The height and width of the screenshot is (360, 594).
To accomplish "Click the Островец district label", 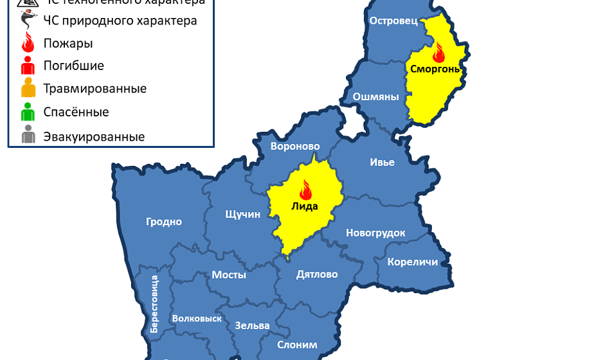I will click(x=393, y=21).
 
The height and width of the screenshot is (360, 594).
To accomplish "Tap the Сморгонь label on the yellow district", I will click(x=436, y=69).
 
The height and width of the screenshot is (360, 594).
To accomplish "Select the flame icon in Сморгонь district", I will click(x=439, y=51).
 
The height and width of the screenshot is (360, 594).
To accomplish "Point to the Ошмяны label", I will click(x=375, y=97).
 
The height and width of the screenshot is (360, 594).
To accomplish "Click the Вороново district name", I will click(x=295, y=146).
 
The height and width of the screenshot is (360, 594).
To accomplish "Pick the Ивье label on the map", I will click(x=382, y=162).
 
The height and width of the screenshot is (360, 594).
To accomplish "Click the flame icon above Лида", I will click(x=305, y=190).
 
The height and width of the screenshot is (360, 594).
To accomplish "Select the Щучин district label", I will click(x=243, y=215).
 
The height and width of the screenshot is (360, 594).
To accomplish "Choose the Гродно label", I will click(x=164, y=222).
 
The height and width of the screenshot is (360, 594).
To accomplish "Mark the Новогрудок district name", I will click(x=375, y=233).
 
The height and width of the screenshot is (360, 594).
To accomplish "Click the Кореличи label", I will click(x=413, y=262).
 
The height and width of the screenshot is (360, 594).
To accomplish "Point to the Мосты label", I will click(x=229, y=274).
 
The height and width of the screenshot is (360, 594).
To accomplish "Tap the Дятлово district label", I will click(x=317, y=274).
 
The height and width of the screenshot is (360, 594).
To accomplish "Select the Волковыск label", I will click(x=197, y=318).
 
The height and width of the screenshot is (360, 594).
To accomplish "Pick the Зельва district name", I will click(x=252, y=325).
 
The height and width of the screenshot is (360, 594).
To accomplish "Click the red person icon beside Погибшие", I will click(x=28, y=66).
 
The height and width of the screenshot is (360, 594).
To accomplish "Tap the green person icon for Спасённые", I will click(x=28, y=113).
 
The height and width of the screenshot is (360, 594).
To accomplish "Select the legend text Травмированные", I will click(x=94, y=89).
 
